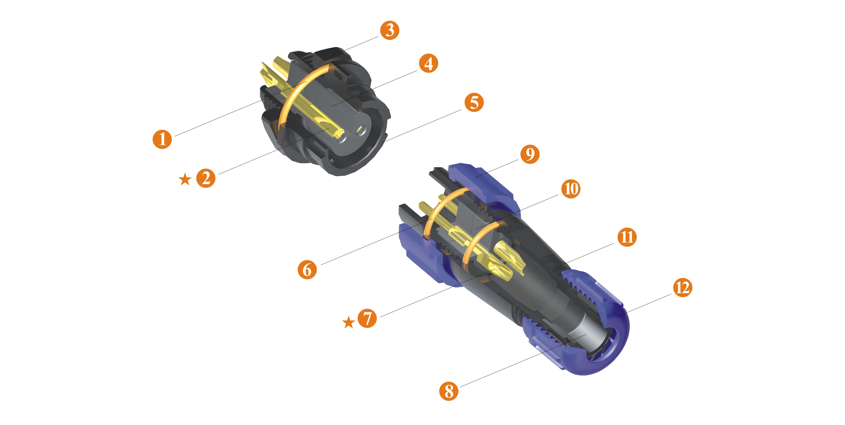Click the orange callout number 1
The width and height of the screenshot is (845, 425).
(x=162, y=139)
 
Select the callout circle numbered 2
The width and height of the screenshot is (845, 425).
(x=206, y=178)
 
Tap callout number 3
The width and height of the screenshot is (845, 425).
(x=390, y=30)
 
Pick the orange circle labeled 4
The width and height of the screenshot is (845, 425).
(x=428, y=64)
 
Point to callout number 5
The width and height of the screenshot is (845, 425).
(x=474, y=103)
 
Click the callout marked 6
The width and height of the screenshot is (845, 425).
(x=307, y=270)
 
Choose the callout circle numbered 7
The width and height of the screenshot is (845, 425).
(x=367, y=318)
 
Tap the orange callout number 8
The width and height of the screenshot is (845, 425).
(x=449, y=391)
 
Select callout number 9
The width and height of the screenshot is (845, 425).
(x=530, y=154)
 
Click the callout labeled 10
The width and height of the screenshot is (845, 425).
(x=571, y=189)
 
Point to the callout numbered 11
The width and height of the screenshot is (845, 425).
(x=627, y=237)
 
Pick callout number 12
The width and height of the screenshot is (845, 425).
(x=683, y=288)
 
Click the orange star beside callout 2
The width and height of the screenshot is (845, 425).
(x=185, y=179)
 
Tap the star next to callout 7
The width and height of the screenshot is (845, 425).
(x=349, y=322)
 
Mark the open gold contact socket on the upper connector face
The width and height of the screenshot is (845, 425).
(x=339, y=135)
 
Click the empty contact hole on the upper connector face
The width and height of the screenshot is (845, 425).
(x=361, y=131)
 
